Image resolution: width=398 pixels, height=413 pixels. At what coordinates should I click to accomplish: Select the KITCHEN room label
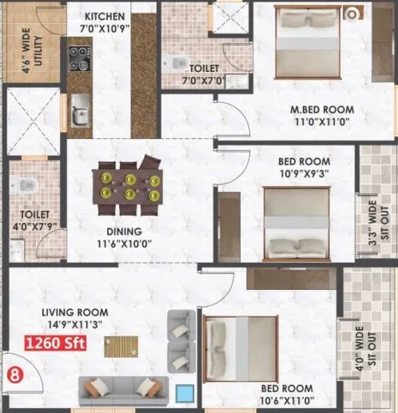coord(104,17)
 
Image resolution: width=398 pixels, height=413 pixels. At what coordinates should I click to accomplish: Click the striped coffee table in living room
coord(121,347)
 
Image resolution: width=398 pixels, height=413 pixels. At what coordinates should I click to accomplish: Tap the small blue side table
coord(185,393)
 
